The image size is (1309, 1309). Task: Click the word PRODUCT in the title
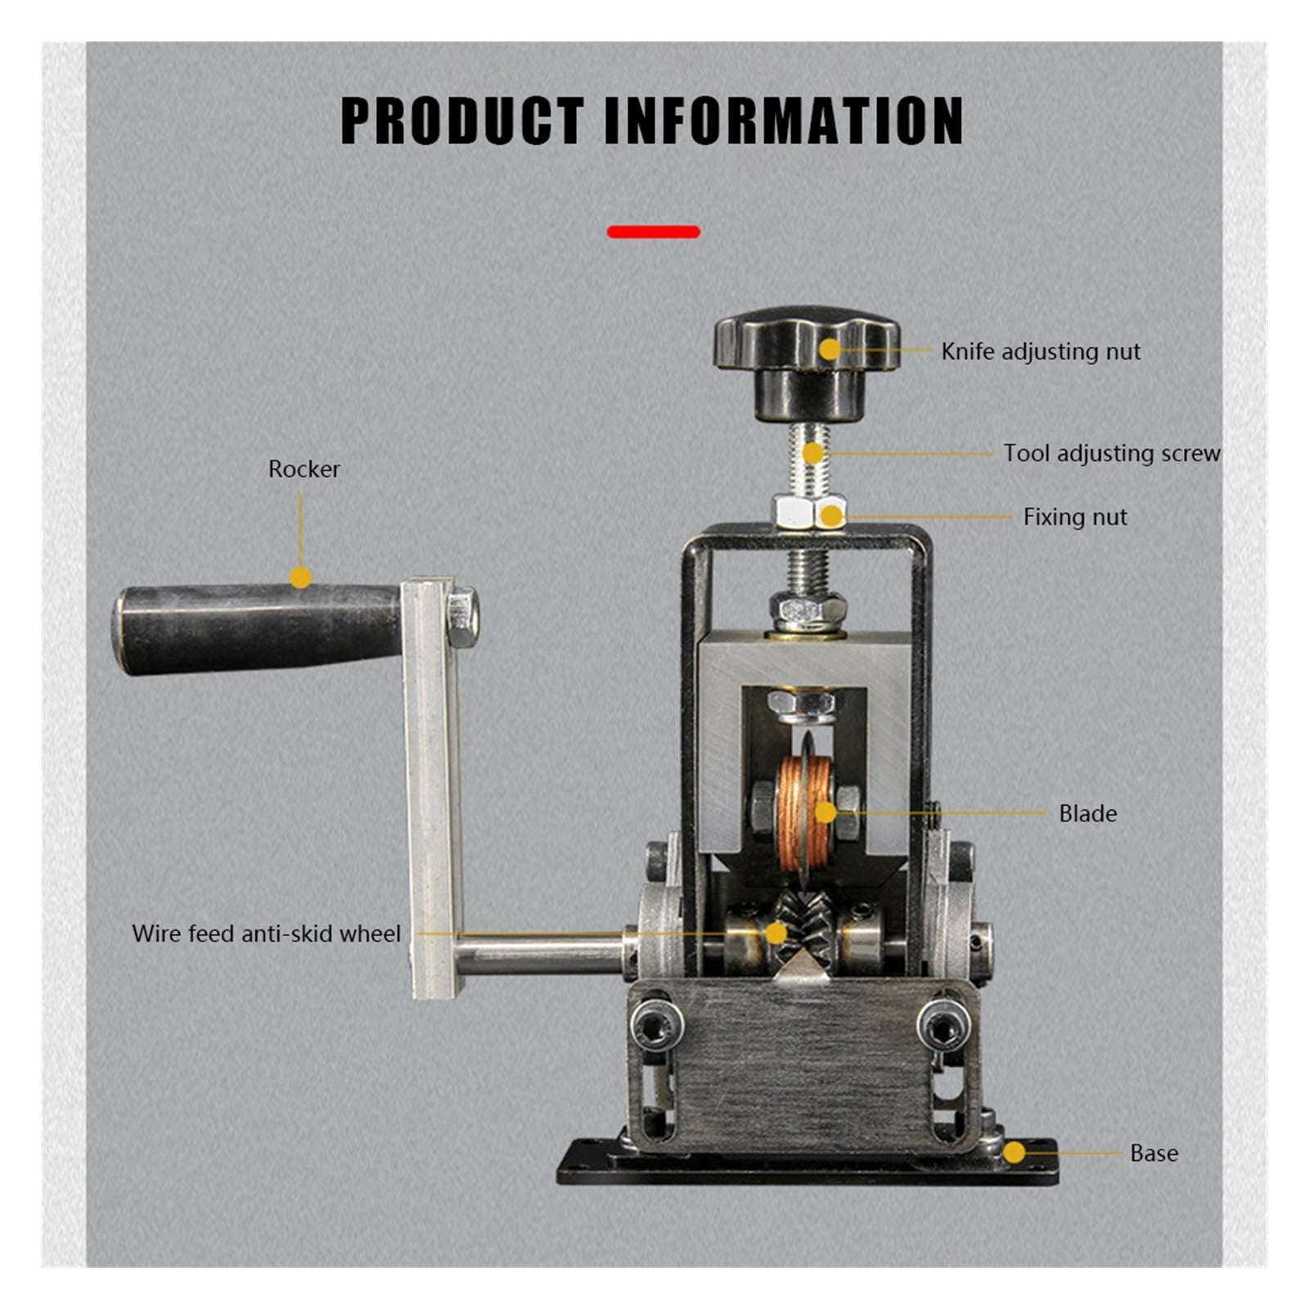point(462,120)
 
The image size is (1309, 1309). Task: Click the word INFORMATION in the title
point(784,120)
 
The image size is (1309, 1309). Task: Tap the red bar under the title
point(653,232)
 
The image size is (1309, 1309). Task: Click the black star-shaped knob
point(807,362)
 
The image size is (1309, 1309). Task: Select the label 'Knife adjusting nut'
point(1041,352)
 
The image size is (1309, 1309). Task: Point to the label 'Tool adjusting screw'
point(1112,453)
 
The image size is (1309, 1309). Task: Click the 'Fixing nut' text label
point(1075,517)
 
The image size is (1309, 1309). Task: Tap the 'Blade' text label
point(1087,813)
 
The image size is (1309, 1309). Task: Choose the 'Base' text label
point(1154,1153)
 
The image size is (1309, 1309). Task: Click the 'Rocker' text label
point(304,469)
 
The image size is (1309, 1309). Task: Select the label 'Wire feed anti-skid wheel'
point(266,933)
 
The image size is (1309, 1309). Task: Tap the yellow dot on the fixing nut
point(831,516)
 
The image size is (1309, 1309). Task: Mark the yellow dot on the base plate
point(1014,1153)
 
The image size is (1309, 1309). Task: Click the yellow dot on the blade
point(825,812)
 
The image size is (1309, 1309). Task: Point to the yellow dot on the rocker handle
point(300,578)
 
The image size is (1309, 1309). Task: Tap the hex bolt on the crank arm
point(462,617)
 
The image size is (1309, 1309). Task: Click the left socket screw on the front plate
point(656,1025)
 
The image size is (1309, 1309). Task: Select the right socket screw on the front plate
point(943,1025)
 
